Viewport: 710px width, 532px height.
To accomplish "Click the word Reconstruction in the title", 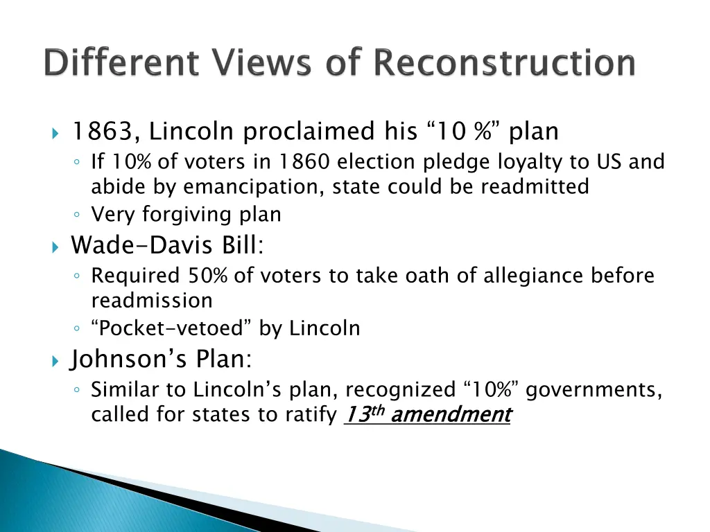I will pyautogui.click(x=504, y=63).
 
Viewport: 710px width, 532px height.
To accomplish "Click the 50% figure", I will pyautogui.click(x=207, y=276).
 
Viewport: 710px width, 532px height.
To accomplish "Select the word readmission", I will pyautogui.click(x=152, y=301).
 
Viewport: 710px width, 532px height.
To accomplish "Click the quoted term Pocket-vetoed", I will pyautogui.click(x=173, y=328).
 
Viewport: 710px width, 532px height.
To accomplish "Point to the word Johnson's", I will pyautogui.click(x=130, y=360).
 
